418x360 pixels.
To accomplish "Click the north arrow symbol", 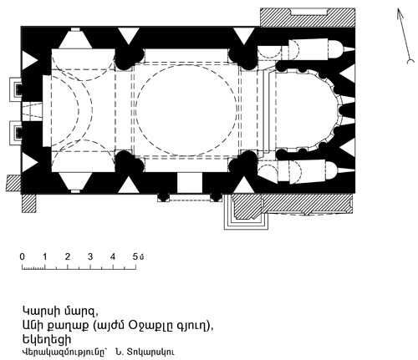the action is [404, 35].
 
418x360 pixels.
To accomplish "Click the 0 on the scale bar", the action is [23, 256].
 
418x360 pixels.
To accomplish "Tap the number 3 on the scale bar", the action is [90, 256].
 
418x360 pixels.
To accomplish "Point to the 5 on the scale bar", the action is [135, 256].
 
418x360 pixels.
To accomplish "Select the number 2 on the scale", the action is [68, 256].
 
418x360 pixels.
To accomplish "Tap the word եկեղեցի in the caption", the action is [47, 339].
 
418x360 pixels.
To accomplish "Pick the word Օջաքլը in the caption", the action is [150, 325].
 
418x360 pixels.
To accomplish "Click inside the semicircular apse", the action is [303, 110].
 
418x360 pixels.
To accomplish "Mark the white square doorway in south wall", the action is [190, 183].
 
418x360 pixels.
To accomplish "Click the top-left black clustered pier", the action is [127, 59].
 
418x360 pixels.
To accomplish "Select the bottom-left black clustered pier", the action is [127, 162].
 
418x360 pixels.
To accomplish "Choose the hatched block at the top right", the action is [308, 18].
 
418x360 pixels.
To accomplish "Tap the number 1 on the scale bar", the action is [45, 256].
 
